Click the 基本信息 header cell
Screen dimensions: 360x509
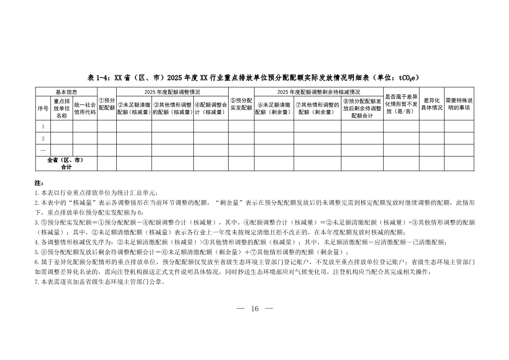coord(66,92)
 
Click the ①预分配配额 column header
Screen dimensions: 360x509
coord(106,104)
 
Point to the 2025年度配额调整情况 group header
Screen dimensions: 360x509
coord(172,92)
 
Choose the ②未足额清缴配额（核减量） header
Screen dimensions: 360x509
coord(134,108)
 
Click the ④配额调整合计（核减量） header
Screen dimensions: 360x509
coord(211,108)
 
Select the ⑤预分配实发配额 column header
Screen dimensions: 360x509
coord(241,104)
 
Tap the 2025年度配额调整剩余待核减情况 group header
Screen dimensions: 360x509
coord(318,92)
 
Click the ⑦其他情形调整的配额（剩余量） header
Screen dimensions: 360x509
coord(317,108)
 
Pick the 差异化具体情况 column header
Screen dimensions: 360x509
coord(431,104)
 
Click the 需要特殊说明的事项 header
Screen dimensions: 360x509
coord(459,104)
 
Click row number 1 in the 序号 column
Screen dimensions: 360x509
coord(43,126)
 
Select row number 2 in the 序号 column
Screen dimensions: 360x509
coord(43,139)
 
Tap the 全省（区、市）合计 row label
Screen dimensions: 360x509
coord(66,163)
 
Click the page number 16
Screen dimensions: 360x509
coord(255,309)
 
